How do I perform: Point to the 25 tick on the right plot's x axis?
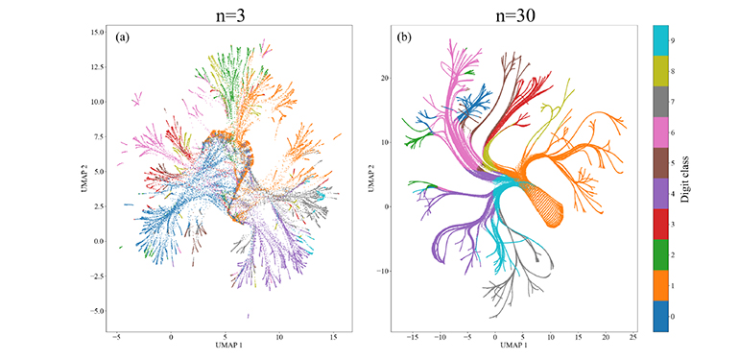tap(632, 339)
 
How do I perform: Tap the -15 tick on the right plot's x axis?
tap(413, 339)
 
